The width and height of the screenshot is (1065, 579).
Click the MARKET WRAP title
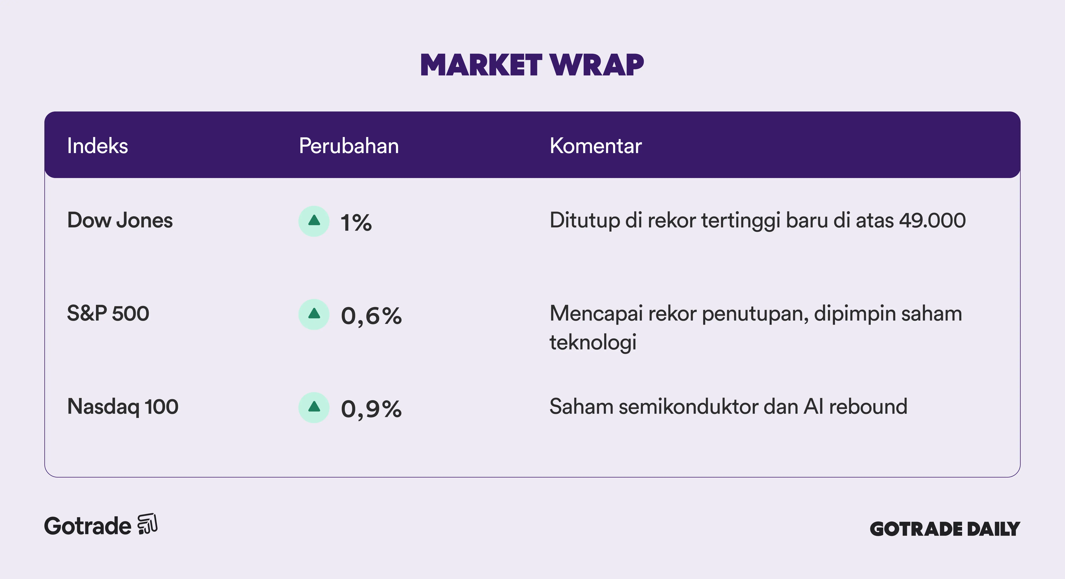532,65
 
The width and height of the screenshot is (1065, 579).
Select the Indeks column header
98,146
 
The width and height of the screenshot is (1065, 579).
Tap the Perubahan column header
349,146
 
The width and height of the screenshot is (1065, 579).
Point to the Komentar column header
596,146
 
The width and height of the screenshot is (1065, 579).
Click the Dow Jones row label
120,220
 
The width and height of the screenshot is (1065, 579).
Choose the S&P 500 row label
108,313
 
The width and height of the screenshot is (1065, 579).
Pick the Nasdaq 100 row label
123,407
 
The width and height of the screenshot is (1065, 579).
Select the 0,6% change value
371,316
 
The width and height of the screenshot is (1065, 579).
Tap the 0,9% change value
371,409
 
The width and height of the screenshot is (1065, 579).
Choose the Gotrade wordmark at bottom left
88,526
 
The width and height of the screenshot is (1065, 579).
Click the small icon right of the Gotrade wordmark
148,524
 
